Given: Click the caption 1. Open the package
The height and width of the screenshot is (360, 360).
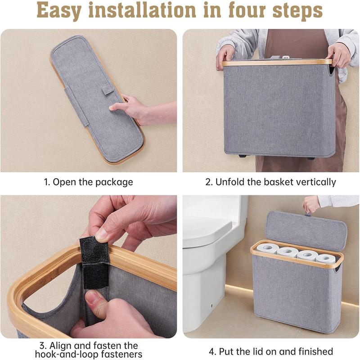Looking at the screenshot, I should tap(88, 182).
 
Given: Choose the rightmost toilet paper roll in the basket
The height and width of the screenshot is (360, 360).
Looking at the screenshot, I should tap(326, 258).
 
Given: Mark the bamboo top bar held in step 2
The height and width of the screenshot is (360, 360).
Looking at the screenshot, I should tap(277, 62).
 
